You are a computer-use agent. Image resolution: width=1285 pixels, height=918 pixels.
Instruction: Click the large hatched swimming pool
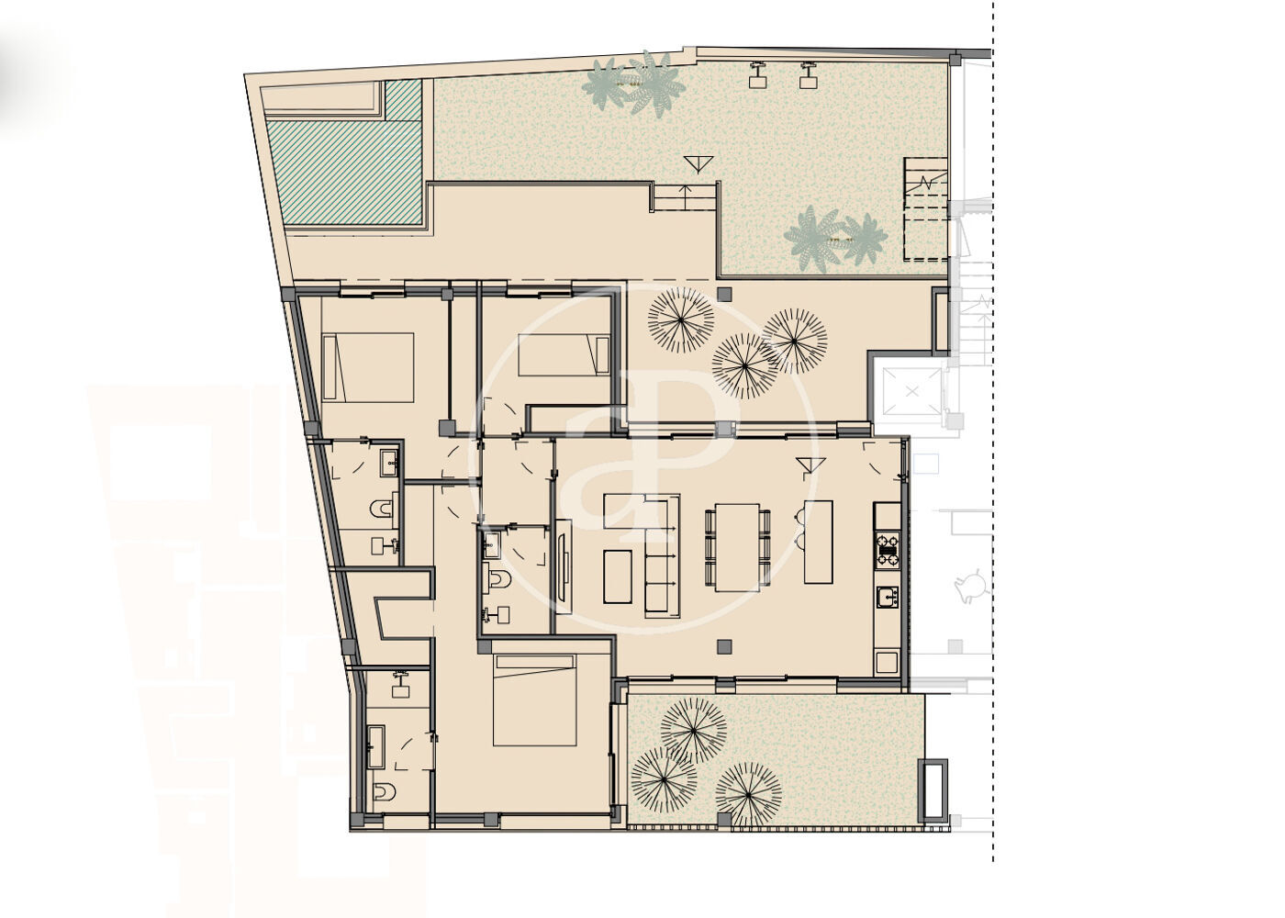(345, 173)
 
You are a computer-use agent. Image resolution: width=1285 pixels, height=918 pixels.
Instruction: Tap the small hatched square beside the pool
(404, 100)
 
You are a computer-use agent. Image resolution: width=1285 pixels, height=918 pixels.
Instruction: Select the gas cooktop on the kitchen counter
(887, 548)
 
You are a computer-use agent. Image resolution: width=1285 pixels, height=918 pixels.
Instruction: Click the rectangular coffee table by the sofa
(618, 577)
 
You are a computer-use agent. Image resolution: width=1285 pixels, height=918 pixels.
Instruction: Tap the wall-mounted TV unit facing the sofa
(564, 566)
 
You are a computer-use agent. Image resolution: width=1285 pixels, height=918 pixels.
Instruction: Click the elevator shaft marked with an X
(912, 393)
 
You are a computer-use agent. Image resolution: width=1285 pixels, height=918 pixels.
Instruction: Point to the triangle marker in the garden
(698, 164)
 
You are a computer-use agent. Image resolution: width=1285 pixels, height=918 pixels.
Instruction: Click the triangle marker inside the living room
(810, 466)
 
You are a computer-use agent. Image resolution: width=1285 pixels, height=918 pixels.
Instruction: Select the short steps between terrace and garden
(684, 196)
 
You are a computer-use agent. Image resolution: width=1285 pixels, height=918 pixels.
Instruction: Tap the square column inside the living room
(724, 647)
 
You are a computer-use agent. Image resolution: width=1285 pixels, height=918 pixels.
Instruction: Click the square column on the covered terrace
(724, 295)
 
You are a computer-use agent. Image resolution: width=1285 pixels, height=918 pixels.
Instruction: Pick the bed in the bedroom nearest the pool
(368, 367)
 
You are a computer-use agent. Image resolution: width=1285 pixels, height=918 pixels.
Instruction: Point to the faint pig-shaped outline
(971, 586)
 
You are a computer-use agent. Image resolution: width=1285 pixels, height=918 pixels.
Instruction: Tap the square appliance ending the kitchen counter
(887, 662)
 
